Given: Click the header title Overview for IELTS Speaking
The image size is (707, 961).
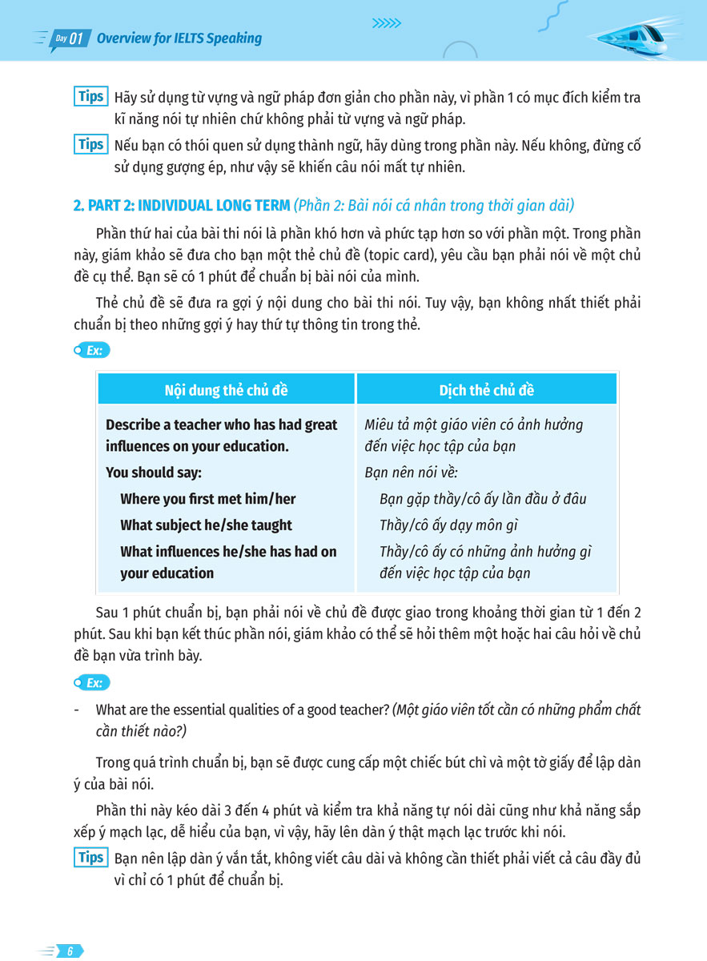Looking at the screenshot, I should (179, 38).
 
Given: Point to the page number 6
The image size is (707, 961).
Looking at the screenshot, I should (70, 951).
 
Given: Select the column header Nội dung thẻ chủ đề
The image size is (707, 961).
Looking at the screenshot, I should (226, 390).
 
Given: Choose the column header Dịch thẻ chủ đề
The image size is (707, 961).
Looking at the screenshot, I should (486, 390).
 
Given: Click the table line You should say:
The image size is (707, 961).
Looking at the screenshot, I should (154, 472).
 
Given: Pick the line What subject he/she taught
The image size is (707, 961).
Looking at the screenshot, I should (206, 525).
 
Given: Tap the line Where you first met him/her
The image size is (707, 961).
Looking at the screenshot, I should (208, 499).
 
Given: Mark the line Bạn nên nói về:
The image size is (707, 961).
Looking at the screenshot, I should (411, 472).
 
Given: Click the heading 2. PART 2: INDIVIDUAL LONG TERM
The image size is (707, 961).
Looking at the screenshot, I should (182, 206).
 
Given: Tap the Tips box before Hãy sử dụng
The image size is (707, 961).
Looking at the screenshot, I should (90, 97).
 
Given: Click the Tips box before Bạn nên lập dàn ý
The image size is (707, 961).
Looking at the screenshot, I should (90, 858).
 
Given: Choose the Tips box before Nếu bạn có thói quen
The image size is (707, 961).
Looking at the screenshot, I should (90, 145).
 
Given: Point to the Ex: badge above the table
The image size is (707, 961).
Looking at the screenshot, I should (90, 350).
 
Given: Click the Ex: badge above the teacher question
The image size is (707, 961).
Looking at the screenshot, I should (90, 683).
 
